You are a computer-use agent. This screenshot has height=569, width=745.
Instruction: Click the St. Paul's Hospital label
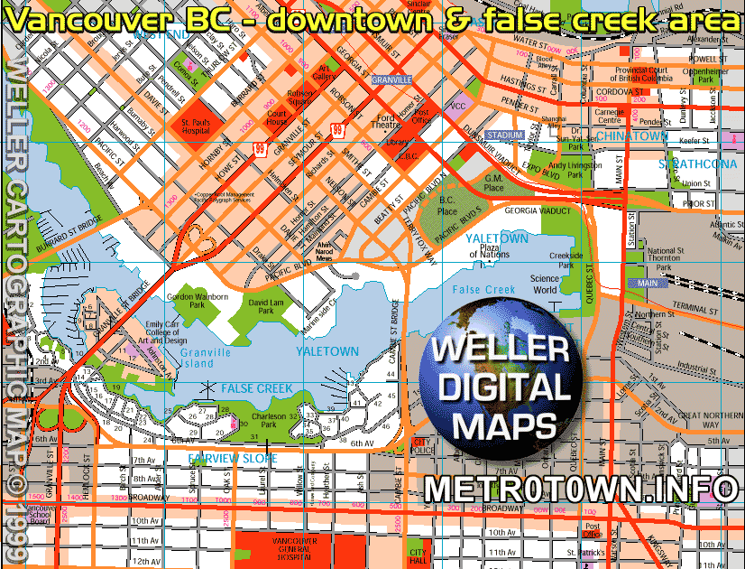195,127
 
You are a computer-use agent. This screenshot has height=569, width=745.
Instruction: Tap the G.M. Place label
493,184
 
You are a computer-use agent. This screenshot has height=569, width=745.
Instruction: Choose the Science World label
545,284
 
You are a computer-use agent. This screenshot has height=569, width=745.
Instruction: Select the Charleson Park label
269,419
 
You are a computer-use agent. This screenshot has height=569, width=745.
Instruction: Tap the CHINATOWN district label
632,135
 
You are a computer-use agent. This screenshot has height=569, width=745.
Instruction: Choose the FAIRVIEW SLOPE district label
233,459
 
